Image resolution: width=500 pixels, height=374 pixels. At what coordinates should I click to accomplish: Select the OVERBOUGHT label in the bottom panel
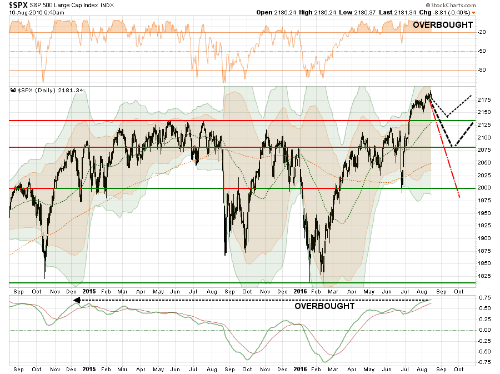324,306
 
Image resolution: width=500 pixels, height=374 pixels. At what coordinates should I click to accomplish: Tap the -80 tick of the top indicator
483,70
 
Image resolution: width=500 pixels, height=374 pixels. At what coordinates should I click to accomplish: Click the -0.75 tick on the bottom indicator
485,362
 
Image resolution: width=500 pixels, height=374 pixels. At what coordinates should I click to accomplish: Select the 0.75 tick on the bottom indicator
485,297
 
